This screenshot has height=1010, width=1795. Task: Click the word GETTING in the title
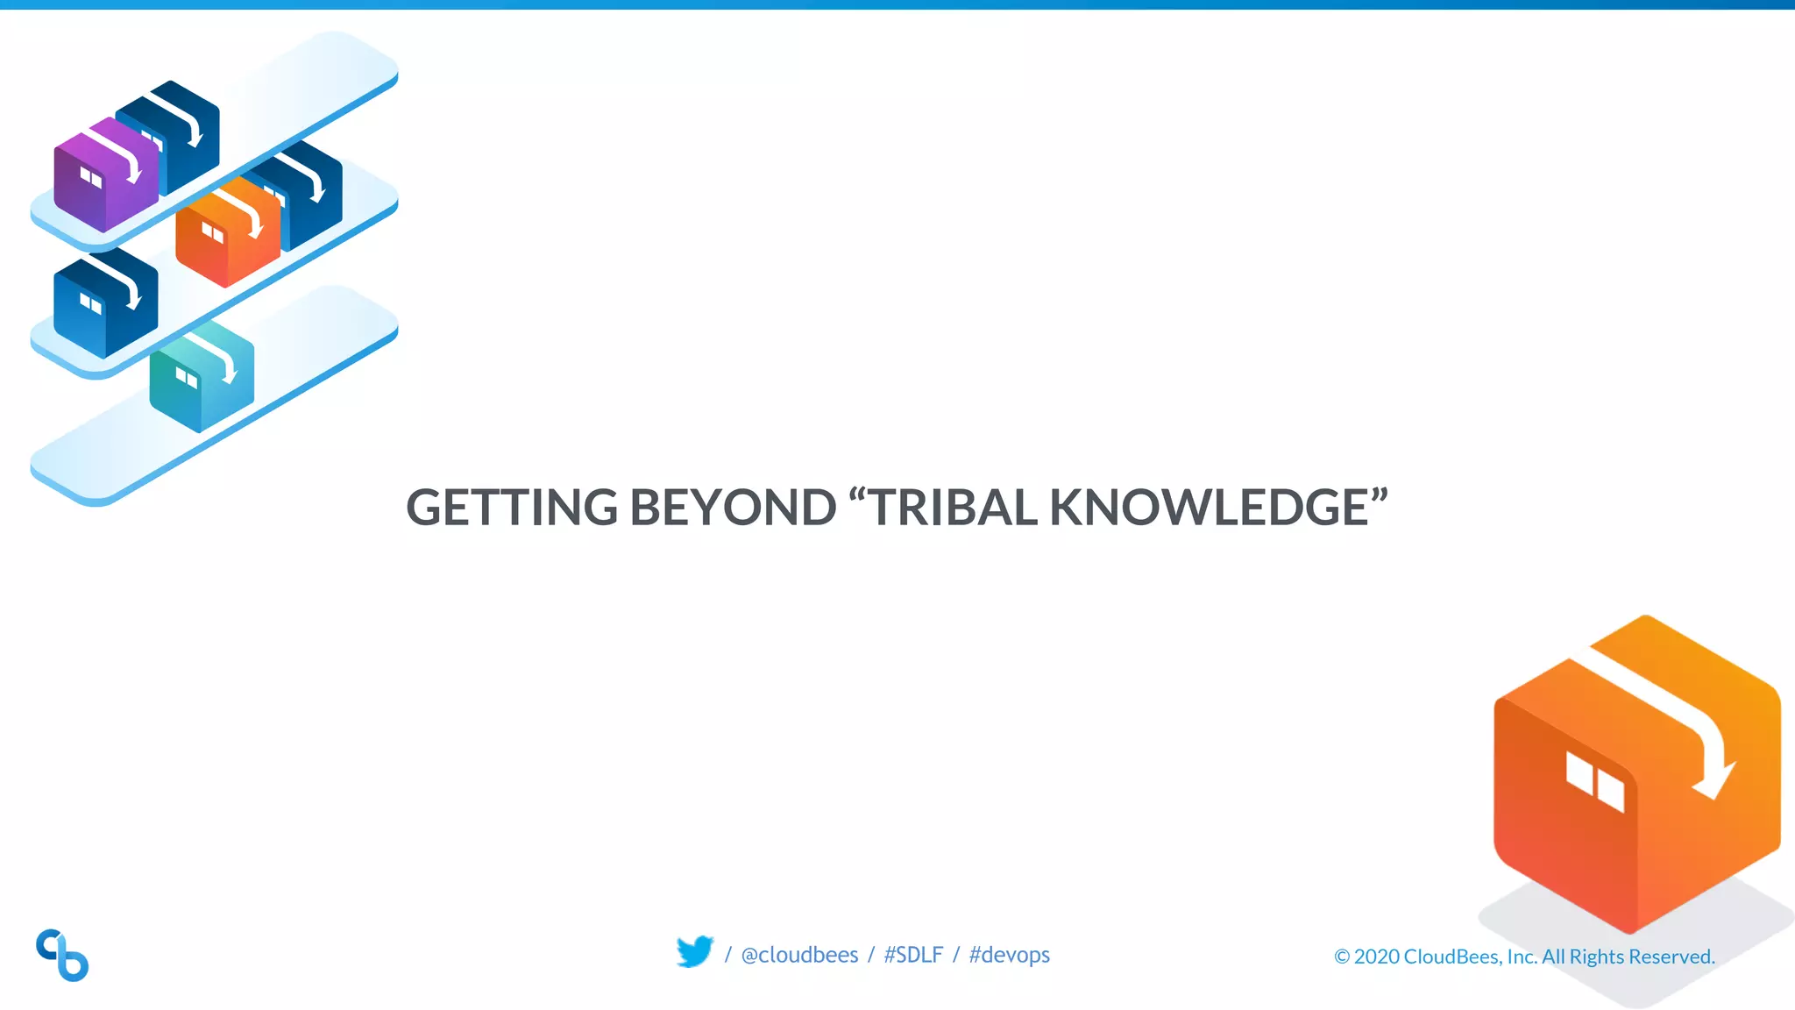coord(512,508)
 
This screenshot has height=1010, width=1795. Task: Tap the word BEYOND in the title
coord(733,508)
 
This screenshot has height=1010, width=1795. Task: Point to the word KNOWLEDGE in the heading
coord(1210,508)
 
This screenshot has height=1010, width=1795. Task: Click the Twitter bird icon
coord(695,952)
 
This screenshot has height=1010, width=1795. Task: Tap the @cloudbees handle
coord(799,955)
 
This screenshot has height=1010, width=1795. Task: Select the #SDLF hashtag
coord(913,955)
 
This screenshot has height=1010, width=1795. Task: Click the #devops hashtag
coord(1009,955)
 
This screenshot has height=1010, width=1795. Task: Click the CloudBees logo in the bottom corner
coord(62,955)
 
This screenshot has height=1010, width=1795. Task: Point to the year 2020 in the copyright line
coord(1377,957)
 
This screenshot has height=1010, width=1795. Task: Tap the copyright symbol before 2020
coord(1341,957)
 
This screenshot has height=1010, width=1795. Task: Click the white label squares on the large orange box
coord(1595,781)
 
